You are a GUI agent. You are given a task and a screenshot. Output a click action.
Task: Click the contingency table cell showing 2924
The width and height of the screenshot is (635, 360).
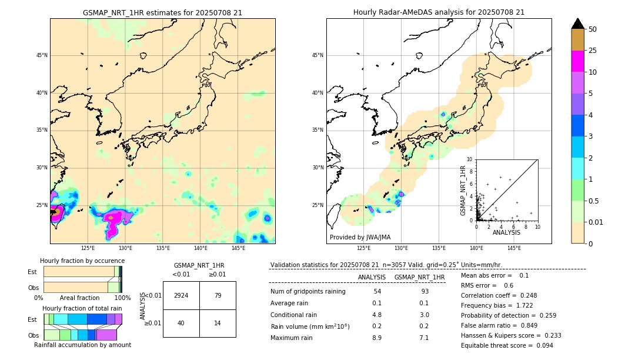pos(181,295)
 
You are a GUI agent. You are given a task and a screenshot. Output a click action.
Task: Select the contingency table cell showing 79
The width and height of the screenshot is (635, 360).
pos(218,295)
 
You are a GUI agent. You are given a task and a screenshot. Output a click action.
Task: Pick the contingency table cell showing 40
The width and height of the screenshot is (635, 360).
pos(181,323)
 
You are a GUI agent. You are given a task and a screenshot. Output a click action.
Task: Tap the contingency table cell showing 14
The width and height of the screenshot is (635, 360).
pos(218,323)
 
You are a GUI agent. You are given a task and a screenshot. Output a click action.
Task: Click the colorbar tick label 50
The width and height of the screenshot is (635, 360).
pos(593,29)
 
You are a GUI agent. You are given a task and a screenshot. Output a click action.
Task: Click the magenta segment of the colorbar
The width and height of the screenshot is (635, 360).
pos(577,61)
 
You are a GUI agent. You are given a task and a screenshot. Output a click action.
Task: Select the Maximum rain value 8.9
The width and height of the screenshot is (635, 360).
pos(377,338)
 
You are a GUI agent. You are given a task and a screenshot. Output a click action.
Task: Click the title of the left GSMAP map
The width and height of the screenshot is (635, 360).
pos(162,12)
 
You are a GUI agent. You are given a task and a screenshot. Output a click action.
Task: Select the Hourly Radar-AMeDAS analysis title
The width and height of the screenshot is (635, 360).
pos(439,12)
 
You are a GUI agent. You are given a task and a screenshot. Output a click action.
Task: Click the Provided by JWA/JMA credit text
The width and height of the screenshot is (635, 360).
pos(359,237)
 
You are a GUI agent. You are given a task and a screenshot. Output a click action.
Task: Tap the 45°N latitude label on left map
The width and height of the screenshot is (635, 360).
pos(42,55)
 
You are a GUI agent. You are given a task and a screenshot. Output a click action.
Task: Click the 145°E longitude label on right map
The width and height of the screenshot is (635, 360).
pos(514,248)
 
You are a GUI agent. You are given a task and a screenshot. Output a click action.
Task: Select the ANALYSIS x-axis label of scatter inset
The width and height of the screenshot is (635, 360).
pos(506,232)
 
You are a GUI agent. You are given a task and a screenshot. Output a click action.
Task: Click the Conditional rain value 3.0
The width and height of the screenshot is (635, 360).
pos(424,315)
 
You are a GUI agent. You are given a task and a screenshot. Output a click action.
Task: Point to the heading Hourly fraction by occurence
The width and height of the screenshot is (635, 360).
pos(82,261)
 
